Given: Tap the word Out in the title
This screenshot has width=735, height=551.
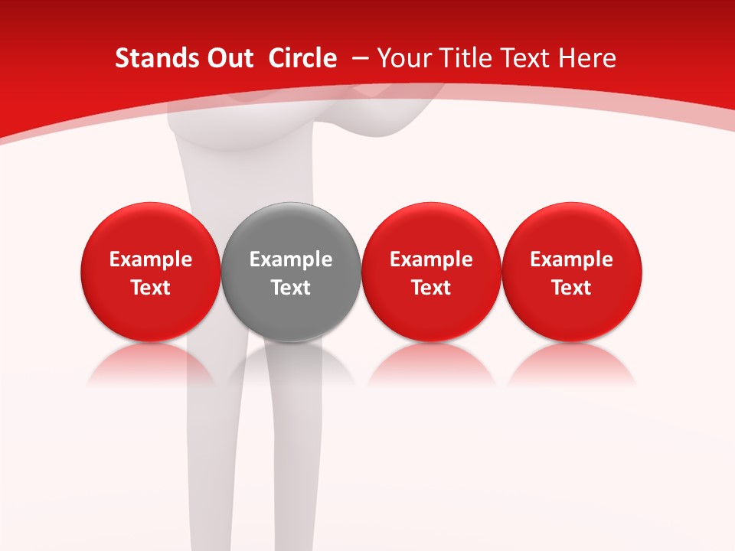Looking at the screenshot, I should pyautogui.click(x=228, y=58).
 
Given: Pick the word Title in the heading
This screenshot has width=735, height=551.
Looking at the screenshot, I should pyautogui.click(x=468, y=58).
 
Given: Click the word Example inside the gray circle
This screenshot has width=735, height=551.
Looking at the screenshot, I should pyautogui.click(x=291, y=259).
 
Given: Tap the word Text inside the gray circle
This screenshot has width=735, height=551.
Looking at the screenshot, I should pyautogui.click(x=291, y=288).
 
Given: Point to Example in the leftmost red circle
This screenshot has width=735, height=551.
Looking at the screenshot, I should pyautogui.click(x=151, y=259).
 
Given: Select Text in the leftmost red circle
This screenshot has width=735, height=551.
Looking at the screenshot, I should pyautogui.click(x=151, y=288).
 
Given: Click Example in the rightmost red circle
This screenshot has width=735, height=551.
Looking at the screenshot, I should pyautogui.click(x=572, y=259).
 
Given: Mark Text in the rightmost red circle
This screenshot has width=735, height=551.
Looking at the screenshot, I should pyautogui.click(x=572, y=288).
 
